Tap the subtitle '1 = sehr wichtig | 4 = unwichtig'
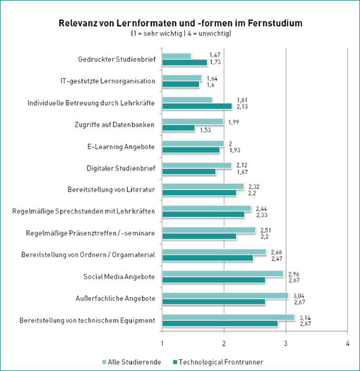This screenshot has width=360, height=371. tap(181, 34)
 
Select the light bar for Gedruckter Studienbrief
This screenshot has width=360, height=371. tap(176, 56)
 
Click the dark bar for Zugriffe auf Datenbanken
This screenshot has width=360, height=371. tap(179, 128)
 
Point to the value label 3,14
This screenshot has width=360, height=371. tap(305, 318)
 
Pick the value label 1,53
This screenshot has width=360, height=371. tap(205, 130)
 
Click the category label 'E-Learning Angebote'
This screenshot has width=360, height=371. tap(121, 146)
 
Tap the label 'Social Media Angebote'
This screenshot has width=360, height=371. tap(119, 277)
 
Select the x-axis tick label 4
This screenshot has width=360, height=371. tap(348, 343)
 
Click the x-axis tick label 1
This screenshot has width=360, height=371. tap(162, 343)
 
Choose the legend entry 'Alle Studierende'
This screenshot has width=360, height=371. tap(132, 362)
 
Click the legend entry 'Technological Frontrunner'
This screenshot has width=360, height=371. tap(218, 362)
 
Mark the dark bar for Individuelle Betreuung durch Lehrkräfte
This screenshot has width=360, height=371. tap(197, 106)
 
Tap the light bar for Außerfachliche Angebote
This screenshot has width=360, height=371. tap(225, 295)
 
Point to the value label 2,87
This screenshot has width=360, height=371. tap(305, 324)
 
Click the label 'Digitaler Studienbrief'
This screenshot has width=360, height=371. tap(120, 169)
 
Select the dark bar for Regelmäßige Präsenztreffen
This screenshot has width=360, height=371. tap(199, 236)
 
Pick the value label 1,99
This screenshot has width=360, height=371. tap(233, 122)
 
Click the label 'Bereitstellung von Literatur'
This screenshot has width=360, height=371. tap(111, 190)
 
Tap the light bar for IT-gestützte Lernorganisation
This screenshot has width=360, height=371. tap(182, 78)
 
